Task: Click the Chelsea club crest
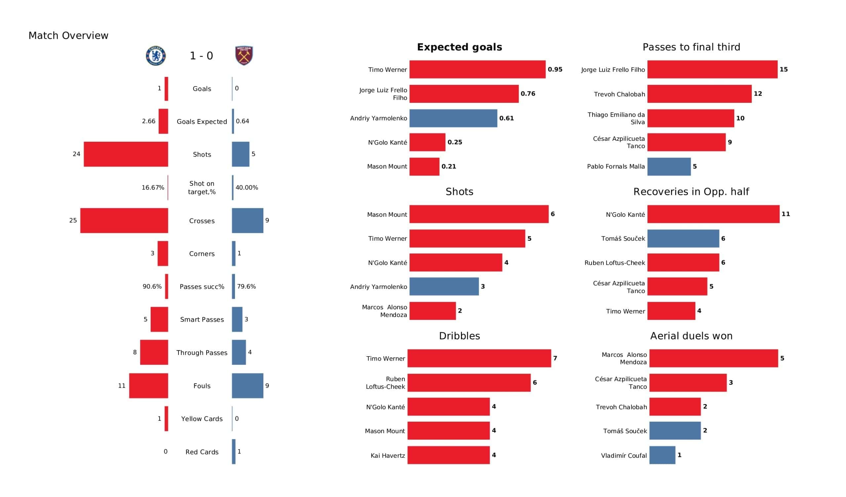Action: tap(156, 56)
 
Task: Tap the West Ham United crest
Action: tap(244, 56)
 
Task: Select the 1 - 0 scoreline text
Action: tap(202, 56)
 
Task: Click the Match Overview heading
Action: tap(68, 36)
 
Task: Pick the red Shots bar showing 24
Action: tap(126, 154)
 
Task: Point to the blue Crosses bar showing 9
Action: tap(248, 221)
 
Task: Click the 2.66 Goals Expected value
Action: tap(148, 121)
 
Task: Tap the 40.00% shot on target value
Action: tap(247, 188)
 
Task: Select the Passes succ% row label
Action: tap(202, 287)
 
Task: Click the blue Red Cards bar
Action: tap(234, 452)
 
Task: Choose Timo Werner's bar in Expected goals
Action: tap(478, 69)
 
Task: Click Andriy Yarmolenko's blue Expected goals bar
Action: tap(453, 118)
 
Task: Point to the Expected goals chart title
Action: tap(460, 47)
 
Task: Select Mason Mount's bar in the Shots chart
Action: tap(479, 214)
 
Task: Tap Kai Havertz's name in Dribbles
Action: tap(388, 456)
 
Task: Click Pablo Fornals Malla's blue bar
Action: tap(669, 167)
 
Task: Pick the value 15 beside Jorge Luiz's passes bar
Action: tap(784, 69)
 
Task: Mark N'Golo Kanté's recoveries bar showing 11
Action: tap(713, 214)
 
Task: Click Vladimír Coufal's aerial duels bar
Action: tap(662, 455)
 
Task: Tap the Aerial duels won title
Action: tap(691, 336)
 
